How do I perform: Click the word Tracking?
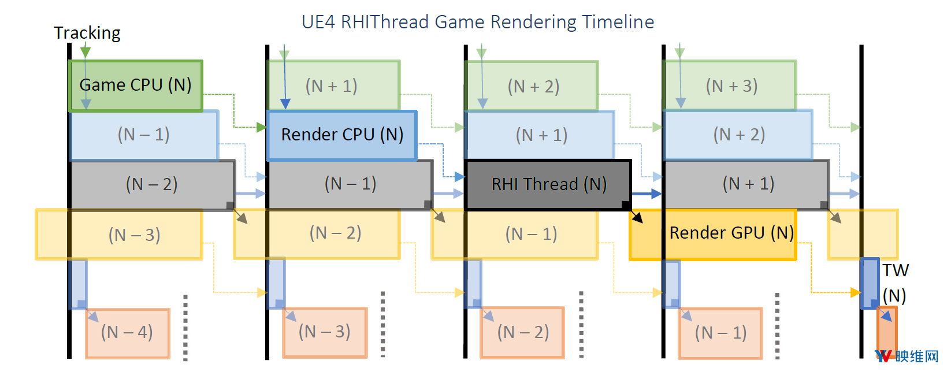coord(87,33)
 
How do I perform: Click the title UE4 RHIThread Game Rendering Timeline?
coord(478,21)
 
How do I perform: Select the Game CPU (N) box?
coord(135,86)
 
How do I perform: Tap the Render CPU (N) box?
coord(342,135)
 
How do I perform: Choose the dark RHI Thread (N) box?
coord(548,185)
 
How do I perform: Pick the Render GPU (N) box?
coord(713,235)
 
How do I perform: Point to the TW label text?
coord(896,270)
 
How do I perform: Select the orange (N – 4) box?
coord(128,333)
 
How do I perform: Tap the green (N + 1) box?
coord(334,86)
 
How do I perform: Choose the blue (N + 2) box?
coord(738,135)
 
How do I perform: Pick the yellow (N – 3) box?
coord(119,234)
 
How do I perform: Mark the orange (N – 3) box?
coord(325,333)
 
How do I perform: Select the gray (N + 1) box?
coord(746,185)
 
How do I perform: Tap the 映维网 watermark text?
coord(917,357)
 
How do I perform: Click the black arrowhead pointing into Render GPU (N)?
coord(637,218)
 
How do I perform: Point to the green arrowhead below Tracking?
coord(86,52)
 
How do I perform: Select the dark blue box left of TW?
coord(870,283)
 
